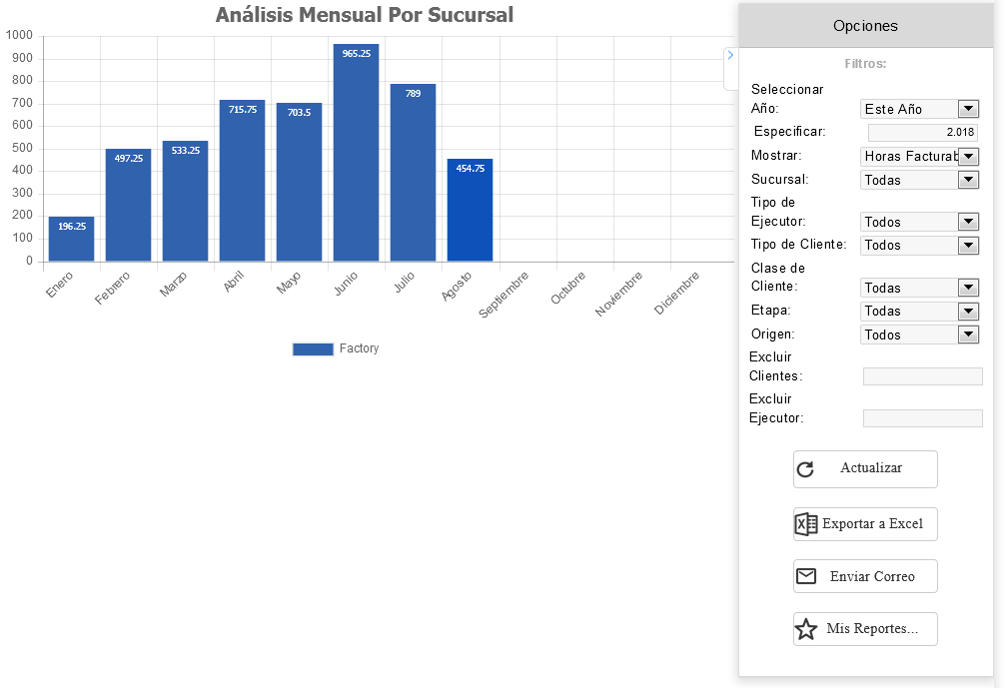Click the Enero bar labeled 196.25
coord(72,239)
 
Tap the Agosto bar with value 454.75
coord(470,210)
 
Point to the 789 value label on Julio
coord(413,94)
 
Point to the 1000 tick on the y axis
coord(19,36)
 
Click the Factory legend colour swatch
coord(313,348)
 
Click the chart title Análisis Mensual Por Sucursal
coord(365,15)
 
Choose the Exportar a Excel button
coord(865,524)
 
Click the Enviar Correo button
coord(865,577)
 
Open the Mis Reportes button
coord(865,629)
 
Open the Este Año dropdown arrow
coord(968,109)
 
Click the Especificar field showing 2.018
coord(922,132)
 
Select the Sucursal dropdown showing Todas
coord(919,180)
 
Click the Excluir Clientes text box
coord(922,376)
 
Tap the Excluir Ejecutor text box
coord(922,418)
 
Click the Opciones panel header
coord(865,26)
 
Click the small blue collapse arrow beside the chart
coord(730,55)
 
